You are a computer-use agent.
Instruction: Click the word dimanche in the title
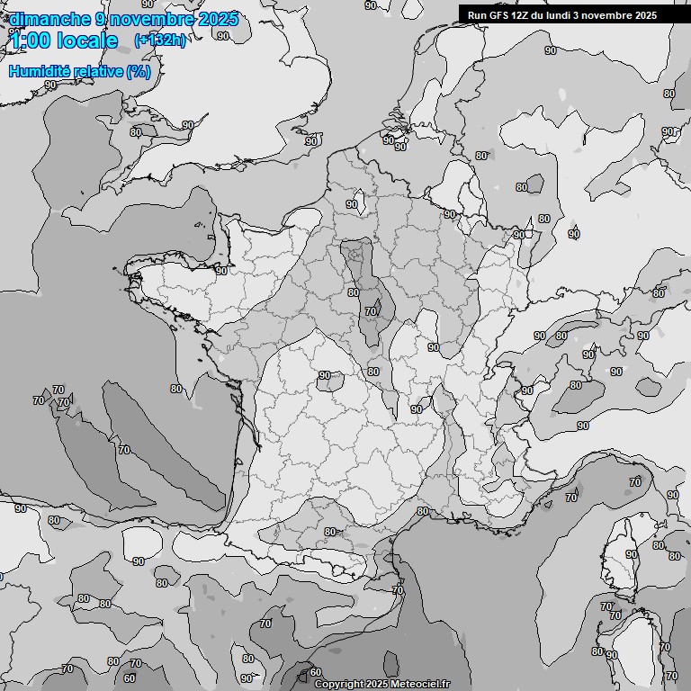pyautogui.click(x=49, y=19)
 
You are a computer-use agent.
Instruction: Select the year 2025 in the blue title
pyautogui.click(x=218, y=19)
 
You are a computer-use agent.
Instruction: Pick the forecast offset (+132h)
pyautogui.click(x=159, y=40)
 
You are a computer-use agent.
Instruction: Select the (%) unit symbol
pyautogui.click(x=139, y=71)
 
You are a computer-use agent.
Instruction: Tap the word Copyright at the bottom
pyautogui.click(x=340, y=684)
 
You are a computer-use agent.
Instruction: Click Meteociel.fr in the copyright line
pyautogui.click(x=420, y=684)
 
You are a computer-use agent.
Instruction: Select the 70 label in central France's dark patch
pyautogui.click(x=371, y=311)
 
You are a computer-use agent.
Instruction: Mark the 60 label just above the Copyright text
pyautogui.click(x=315, y=672)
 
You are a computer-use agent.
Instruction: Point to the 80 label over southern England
pyautogui.click(x=135, y=132)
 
